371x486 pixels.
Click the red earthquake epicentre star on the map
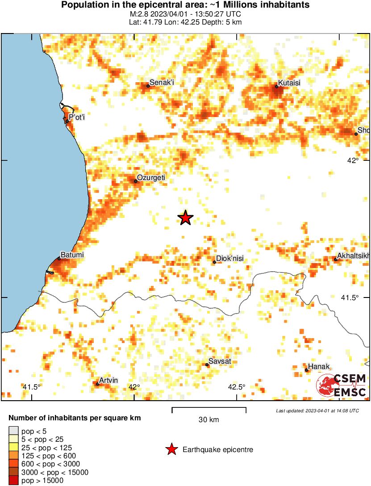185,218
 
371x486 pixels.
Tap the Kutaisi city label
289,83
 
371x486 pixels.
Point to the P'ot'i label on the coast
77,117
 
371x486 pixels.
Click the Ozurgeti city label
151,178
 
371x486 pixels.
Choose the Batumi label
72,255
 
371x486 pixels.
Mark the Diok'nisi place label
229,258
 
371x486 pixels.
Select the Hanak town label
319,367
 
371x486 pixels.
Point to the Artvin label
108,380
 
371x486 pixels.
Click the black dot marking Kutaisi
277,87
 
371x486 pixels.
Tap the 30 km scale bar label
209,420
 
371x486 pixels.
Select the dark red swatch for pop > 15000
14,481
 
